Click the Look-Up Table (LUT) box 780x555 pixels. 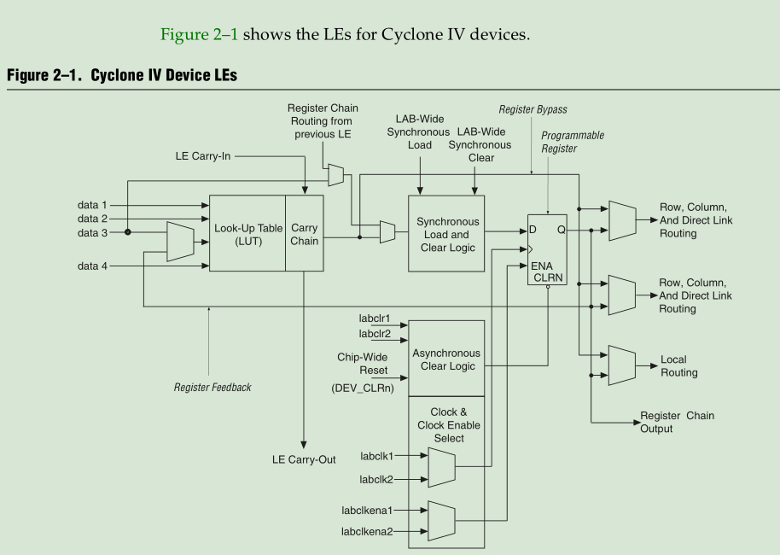click(x=247, y=234)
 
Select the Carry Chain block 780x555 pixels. click(x=305, y=234)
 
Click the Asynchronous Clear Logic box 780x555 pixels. click(x=447, y=359)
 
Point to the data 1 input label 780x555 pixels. click(x=93, y=205)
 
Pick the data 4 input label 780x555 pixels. click(x=93, y=266)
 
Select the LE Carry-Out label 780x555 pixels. click(x=304, y=459)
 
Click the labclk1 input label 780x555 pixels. click(x=375, y=455)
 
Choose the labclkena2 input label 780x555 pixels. click(x=367, y=532)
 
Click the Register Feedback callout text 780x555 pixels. click(x=212, y=388)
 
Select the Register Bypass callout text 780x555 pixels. click(x=533, y=110)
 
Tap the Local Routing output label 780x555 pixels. click(x=678, y=366)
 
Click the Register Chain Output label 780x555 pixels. click(x=677, y=422)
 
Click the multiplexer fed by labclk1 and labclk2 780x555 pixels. click(x=441, y=467)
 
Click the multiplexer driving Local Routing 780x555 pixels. click(x=620, y=365)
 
